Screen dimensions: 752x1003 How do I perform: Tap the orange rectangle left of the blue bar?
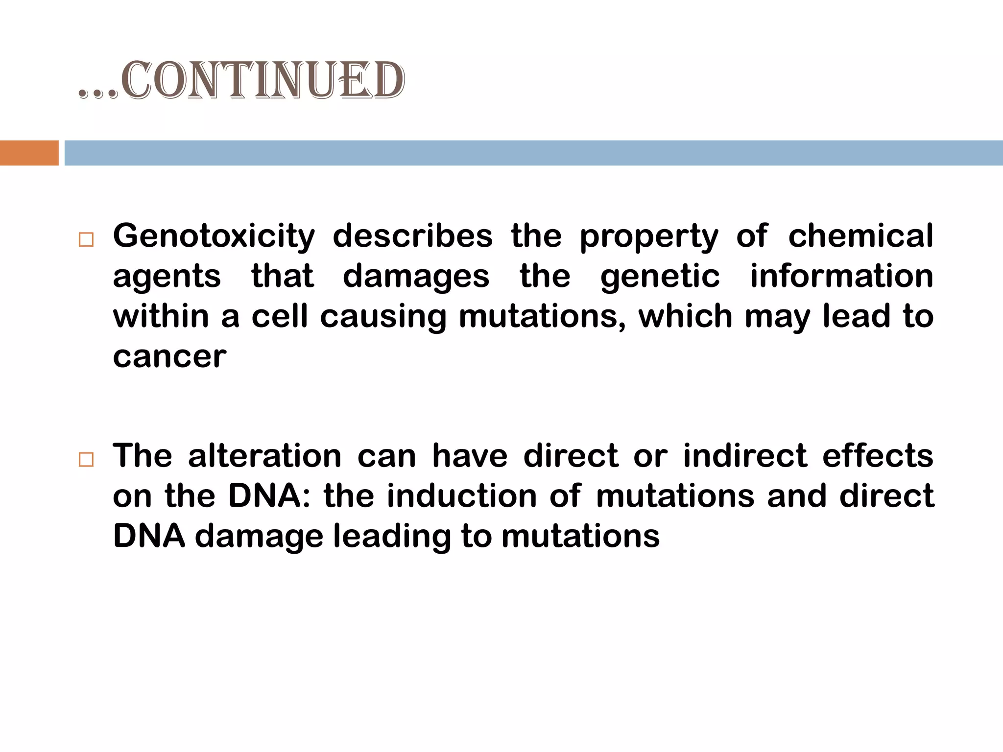[x=29, y=153]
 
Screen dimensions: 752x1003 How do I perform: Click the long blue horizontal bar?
[x=533, y=153]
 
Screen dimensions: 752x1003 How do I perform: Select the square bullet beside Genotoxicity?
[x=86, y=240]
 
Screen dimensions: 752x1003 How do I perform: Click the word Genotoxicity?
[x=214, y=237]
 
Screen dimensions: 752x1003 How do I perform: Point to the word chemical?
[x=860, y=236]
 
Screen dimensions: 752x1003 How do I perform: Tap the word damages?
[x=416, y=277]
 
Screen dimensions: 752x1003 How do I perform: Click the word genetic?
[x=660, y=277]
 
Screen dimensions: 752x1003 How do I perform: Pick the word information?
[x=841, y=276]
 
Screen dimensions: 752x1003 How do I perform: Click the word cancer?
[x=169, y=357]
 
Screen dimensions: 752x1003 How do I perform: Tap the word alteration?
[x=264, y=456]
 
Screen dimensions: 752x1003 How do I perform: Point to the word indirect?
[x=744, y=456]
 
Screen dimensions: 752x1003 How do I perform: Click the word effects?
[x=878, y=456]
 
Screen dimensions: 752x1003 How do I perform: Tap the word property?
[x=649, y=237]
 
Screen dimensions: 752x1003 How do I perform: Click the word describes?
[x=412, y=236]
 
